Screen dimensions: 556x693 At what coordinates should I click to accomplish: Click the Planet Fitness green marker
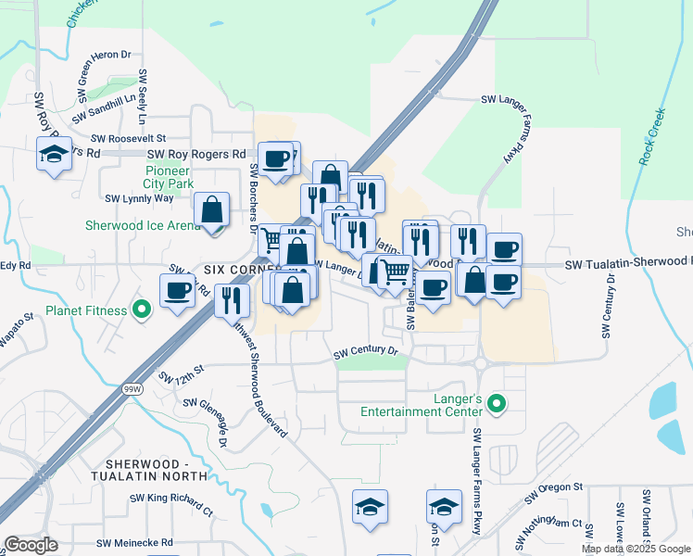142,310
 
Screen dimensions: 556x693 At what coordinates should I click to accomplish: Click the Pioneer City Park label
168,177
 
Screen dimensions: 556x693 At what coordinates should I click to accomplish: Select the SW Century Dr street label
365,352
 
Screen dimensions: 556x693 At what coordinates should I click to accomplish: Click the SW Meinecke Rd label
134,542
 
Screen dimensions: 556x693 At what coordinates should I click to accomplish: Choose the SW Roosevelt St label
129,138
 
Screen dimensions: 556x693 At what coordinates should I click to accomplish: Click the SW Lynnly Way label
139,197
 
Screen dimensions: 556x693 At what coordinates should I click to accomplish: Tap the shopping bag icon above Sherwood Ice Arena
213,211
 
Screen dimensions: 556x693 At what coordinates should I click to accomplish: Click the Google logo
31,545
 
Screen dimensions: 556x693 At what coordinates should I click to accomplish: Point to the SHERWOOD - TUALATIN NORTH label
157,470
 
